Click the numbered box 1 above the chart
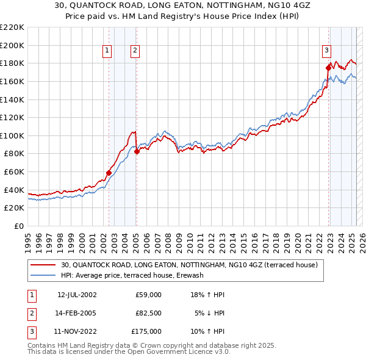(107, 51)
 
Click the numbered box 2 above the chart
(134, 51)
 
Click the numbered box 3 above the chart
(327, 51)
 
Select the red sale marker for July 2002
(109, 173)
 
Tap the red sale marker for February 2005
(137, 152)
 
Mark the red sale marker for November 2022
(329, 68)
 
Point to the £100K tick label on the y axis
(12, 135)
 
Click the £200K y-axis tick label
(12, 45)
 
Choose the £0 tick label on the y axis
(18, 226)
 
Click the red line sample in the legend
(43, 265)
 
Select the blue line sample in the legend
(43, 276)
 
